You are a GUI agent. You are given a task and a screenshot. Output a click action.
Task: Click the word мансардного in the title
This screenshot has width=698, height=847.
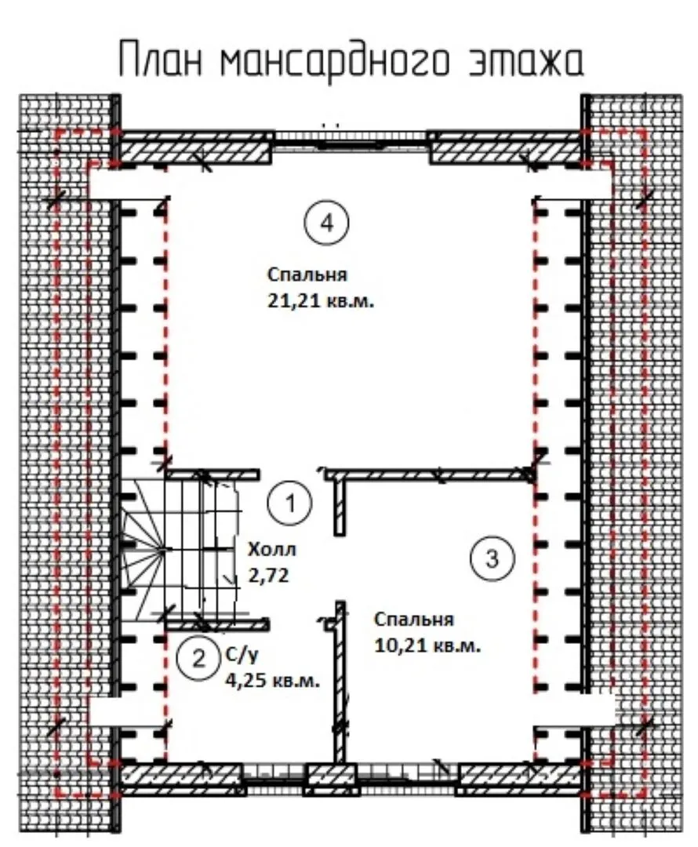[x=334, y=60]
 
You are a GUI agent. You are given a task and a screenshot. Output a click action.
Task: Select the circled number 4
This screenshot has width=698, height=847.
[x=326, y=222]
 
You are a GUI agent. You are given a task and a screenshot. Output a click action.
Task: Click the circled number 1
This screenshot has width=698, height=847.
[x=290, y=503]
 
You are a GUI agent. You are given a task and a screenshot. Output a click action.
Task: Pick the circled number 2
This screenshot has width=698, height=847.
[x=199, y=659]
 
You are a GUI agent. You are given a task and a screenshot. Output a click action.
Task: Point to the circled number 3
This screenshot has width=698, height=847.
[x=492, y=558]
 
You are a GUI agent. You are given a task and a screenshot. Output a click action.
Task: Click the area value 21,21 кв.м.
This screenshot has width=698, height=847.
[x=321, y=301]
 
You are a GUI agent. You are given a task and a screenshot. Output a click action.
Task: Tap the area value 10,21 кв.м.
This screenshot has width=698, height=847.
[x=427, y=645]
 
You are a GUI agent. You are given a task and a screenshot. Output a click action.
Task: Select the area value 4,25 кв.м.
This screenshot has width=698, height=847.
[x=272, y=681]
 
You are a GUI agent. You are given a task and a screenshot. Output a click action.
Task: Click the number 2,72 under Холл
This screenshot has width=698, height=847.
[x=268, y=576]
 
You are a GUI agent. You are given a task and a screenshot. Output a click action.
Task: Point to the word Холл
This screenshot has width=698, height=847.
[x=271, y=550]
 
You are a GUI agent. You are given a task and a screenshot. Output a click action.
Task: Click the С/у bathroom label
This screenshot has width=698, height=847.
[x=242, y=655]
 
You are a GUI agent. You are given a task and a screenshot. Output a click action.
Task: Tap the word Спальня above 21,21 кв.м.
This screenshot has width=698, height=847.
[x=307, y=274]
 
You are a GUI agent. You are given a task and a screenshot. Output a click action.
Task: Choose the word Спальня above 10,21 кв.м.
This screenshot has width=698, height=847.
[x=414, y=619]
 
